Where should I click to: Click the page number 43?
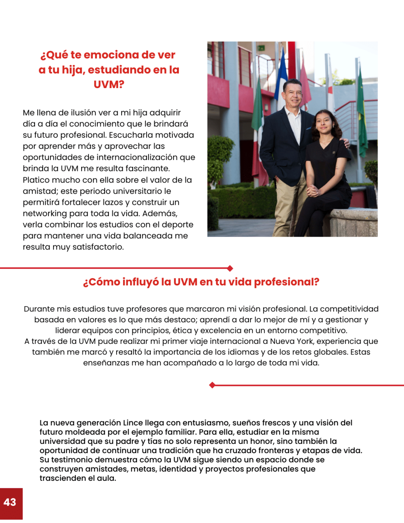[x=10, y=502]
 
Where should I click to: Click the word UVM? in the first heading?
[x=109, y=84]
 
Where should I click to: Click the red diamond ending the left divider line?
[x=230, y=268]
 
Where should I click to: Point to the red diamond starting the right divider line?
[x=212, y=385]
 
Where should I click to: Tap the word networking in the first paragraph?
[x=45, y=213]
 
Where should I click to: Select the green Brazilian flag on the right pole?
[x=362, y=112]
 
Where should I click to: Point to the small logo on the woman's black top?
[x=334, y=152]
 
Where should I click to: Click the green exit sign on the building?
[x=261, y=48]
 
